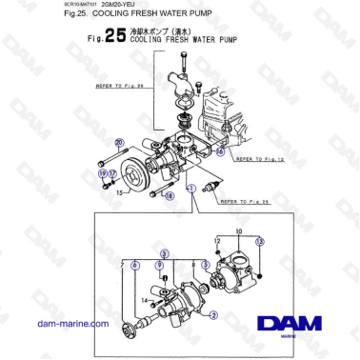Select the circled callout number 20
coord(119,143)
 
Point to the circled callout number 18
coord(170,196)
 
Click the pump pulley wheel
coord(142,176)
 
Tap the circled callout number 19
coord(102,172)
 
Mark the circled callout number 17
coord(110,172)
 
